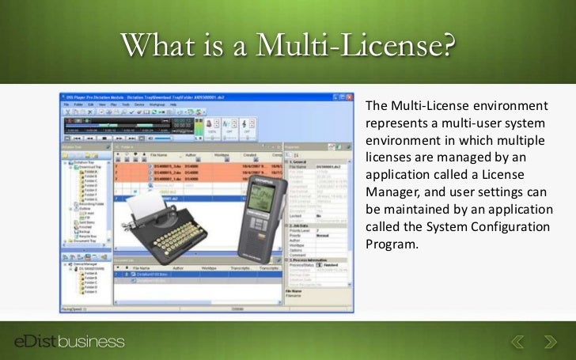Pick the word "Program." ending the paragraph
coord(390,244)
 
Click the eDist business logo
coord(70,341)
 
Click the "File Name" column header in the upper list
coord(158,156)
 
